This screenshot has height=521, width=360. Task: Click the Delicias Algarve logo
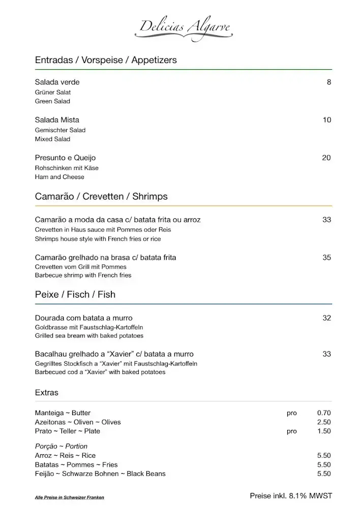pyautogui.click(x=184, y=28)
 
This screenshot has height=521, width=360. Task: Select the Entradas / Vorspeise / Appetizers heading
pyautogui.click(x=106, y=60)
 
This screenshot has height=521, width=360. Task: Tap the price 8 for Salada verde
pyautogui.click(x=329, y=82)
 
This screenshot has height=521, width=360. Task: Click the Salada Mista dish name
pyautogui.click(x=57, y=120)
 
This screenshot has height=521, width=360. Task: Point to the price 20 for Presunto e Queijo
pyautogui.click(x=326, y=158)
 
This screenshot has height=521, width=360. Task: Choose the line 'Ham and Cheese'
pyautogui.click(x=59, y=177)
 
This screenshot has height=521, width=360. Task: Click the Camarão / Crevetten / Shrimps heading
pyautogui.click(x=101, y=196)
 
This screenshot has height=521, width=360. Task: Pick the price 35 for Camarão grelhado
pyautogui.click(x=326, y=257)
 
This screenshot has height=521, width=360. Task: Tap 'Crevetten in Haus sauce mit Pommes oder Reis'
pyautogui.click(x=103, y=229)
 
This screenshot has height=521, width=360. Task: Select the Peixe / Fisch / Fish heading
pyautogui.click(x=75, y=294)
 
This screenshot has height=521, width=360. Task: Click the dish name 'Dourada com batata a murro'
pyautogui.click(x=83, y=318)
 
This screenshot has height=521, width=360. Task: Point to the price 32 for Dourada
pyautogui.click(x=326, y=318)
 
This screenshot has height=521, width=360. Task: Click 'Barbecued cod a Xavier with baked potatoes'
pyautogui.click(x=100, y=372)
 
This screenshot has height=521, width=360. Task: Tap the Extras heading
pyautogui.click(x=46, y=392)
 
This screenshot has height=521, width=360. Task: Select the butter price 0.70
pyautogui.click(x=324, y=413)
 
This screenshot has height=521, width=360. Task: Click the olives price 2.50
pyautogui.click(x=324, y=422)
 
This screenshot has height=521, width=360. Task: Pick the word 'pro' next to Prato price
pyautogui.click(x=291, y=431)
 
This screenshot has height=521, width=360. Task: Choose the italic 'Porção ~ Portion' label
pyautogui.click(x=61, y=446)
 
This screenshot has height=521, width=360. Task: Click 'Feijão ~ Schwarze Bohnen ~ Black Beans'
pyautogui.click(x=100, y=474)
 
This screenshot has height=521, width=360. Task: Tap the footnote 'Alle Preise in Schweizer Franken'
pyautogui.click(x=66, y=497)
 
